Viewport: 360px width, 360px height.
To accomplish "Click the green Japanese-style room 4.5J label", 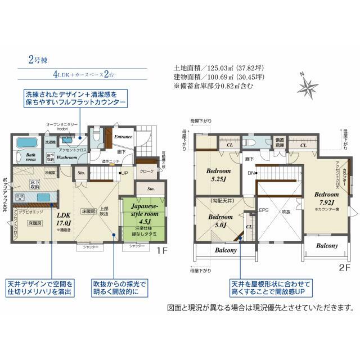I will click(142, 213).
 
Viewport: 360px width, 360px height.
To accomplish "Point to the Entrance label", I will click(123, 137).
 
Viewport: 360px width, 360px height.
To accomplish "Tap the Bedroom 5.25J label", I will click(218, 175).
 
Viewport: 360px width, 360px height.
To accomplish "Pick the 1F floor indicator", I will click(163, 251).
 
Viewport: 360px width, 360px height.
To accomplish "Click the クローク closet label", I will click(147, 171).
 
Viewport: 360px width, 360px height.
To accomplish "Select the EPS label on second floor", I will click(263, 210).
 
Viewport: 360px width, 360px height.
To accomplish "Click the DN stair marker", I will click(250, 173).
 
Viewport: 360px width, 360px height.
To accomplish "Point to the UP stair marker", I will click(124, 173).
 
